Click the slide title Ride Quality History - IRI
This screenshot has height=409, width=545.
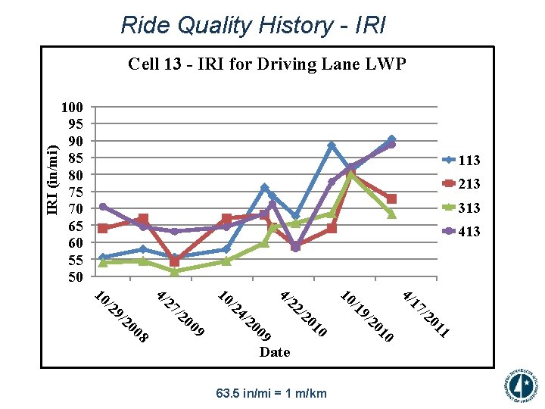click(253, 26)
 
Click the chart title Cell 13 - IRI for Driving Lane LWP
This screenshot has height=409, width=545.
click(266, 64)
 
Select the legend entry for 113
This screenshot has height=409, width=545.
click(461, 161)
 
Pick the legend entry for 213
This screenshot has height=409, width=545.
click(461, 184)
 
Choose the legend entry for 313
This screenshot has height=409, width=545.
click(461, 208)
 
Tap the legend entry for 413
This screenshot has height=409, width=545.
click(461, 232)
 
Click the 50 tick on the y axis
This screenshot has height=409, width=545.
click(76, 277)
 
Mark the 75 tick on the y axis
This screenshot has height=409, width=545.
click(76, 192)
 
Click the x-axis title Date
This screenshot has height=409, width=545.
click(274, 352)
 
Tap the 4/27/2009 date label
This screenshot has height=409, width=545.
click(180, 313)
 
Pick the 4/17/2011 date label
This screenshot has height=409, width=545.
click(426, 314)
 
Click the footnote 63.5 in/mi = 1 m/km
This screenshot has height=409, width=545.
click(271, 393)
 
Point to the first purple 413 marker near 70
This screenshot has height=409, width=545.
click(103, 207)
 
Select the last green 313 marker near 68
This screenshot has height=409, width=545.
click(391, 214)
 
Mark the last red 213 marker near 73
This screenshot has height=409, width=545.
click(391, 198)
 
